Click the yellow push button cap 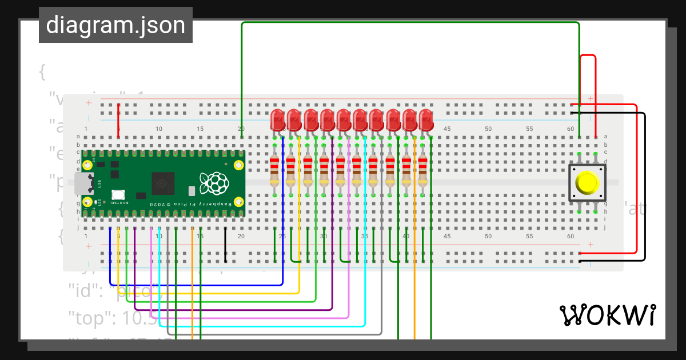click(587, 182)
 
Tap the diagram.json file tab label click(115, 25)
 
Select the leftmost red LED click(277, 120)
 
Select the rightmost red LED click(426, 120)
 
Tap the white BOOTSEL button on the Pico click(118, 194)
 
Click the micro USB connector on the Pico click(83, 183)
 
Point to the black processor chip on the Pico click(163, 183)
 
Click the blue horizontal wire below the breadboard click(194, 285)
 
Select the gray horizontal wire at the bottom click(274, 334)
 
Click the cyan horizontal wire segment click(263, 326)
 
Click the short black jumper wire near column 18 click(225, 246)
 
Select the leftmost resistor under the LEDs click(274, 171)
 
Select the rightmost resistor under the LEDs click(422, 171)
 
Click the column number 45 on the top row click(447, 129)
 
